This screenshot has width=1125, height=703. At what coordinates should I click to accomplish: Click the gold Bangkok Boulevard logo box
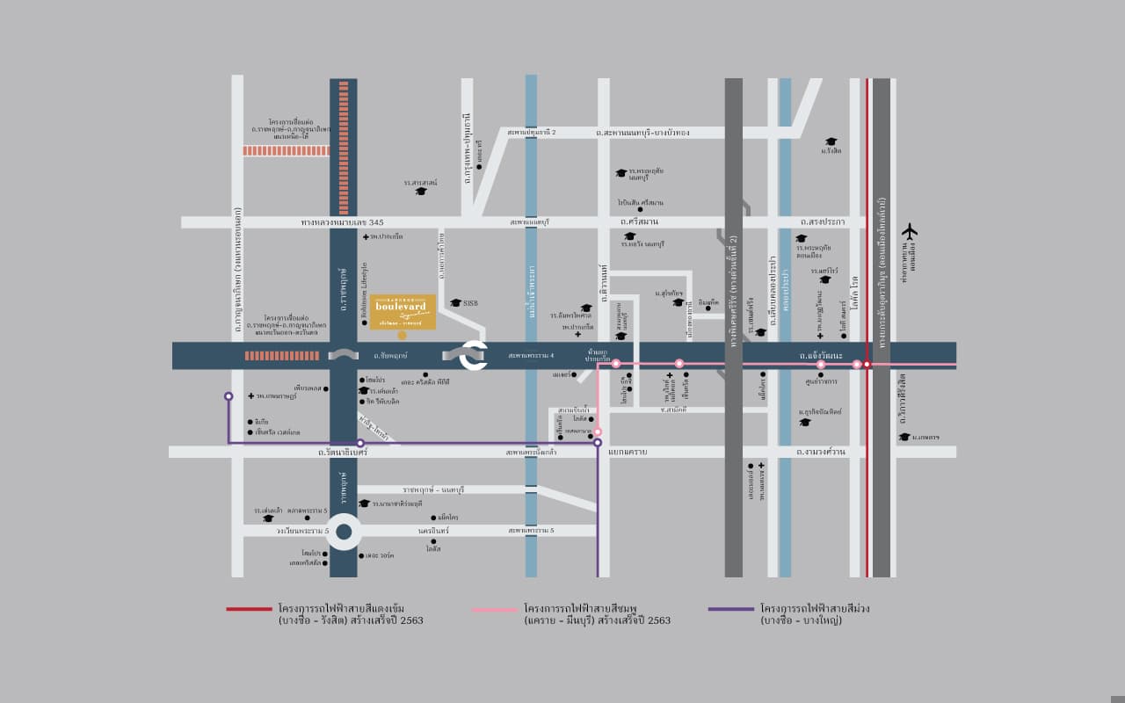coord(403,312)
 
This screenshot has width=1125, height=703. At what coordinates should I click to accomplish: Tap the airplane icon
coord(909,231)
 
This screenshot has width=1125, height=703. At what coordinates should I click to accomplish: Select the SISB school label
coord(469,302)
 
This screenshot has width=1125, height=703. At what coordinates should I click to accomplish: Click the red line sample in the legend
coord(249,608)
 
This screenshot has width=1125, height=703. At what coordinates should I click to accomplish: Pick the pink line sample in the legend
coord(495,608)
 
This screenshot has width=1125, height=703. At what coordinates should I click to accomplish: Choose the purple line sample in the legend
coord(731,608)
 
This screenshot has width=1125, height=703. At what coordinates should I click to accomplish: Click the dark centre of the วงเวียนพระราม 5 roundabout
coord(344,531)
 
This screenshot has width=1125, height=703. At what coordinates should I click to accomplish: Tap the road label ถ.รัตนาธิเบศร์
coord(343,452)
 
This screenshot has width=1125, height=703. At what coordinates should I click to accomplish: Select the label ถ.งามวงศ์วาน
coord(821,452)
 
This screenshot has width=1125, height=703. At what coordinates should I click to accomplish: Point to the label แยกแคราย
coord(628,452)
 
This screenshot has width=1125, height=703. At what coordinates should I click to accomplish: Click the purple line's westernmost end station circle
coord(229,396)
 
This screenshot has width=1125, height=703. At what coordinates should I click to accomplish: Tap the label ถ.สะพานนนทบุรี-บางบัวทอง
coord(642,133)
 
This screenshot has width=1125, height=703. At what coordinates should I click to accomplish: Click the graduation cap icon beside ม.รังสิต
coord(831,141)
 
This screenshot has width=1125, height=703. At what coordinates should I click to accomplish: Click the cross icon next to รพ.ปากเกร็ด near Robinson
coord(366,237)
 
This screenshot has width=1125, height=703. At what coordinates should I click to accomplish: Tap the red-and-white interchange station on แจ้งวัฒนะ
coord(867,364)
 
